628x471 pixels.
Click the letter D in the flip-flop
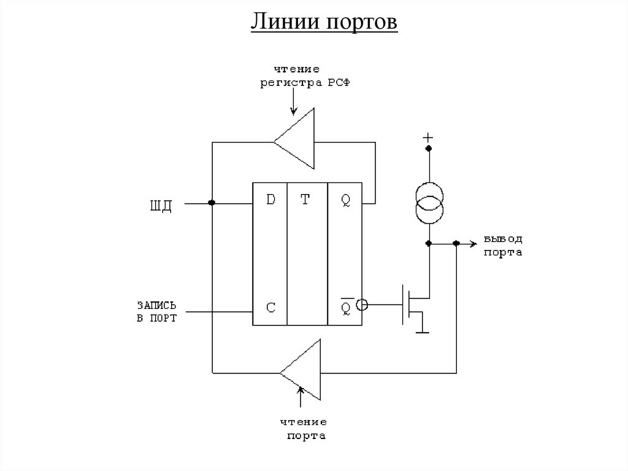click(270, 200)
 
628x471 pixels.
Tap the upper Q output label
click(346, 200)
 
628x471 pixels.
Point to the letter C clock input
click(270, 306)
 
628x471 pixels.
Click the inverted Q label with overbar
click(346, 305)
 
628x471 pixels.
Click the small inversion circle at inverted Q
click(362, 304)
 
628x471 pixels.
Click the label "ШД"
click(161, 204)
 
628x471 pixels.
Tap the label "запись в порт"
click(157, 311)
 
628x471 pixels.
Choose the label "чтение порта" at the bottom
click(304, 429)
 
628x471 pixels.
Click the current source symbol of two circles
click(429, 203)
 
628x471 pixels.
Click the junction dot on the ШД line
click(212, 203)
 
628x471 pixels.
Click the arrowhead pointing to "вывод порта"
click(473, 243)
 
